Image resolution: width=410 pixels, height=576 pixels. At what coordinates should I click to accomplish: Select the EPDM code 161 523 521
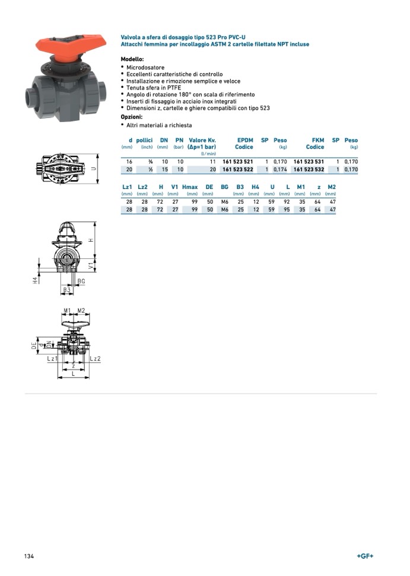(237, 161)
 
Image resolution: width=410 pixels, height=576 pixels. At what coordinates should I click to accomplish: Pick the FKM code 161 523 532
(309, 169)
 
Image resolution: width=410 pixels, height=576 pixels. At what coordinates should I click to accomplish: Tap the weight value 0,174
(279, 169)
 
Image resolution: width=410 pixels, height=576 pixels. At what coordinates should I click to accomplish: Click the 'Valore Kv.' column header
(202, 140)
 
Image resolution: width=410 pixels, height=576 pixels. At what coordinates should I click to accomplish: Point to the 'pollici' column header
(145, 140)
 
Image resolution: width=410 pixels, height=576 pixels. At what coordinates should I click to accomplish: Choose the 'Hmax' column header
(190, 187)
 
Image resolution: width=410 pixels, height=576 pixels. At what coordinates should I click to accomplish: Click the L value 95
(287, 210)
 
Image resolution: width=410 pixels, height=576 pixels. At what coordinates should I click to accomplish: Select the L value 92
(287, 201)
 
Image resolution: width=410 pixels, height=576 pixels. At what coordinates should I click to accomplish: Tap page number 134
(29, 556)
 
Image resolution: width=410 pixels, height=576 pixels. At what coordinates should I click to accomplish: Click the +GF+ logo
(365, 556)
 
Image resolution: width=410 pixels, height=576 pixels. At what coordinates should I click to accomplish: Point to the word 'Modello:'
(132, 60)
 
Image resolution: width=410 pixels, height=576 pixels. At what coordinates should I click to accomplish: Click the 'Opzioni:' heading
(132, 117)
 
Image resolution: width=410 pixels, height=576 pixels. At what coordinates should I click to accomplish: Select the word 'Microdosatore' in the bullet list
(146, 68)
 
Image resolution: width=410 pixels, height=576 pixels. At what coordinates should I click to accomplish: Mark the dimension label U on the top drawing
(93, 168)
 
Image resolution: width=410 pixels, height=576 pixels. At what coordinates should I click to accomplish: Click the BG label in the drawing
(81, 281)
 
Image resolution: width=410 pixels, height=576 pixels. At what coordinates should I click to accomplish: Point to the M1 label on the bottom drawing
(67, 311)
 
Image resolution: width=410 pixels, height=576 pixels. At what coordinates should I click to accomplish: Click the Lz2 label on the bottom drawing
(96, 359)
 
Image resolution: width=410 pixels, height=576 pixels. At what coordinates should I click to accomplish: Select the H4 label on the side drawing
(36, 279)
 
